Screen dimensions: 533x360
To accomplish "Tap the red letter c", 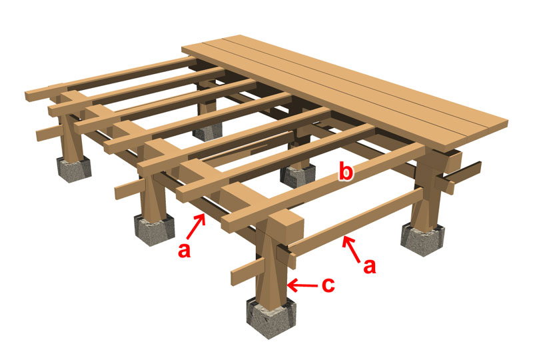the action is (x=328, y=285).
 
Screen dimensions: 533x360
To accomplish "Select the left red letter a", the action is (x=185, y=251).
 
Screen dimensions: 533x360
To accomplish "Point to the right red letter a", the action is (x=370, y=267).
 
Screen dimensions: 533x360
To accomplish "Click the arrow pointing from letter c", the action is (x=302, y=285).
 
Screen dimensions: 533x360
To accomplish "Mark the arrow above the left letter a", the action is (x=197, y=226).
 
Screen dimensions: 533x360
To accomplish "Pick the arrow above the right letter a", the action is (x=352, y=249).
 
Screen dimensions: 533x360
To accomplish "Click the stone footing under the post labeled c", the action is (x=271, y=318).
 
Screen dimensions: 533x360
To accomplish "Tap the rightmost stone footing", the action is (x=422, y=239).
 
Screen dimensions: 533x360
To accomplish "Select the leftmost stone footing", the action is (x=74, y=169).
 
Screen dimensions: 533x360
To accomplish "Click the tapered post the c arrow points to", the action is (x=271, y=265).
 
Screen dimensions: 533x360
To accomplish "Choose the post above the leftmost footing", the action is (x=71, y=136).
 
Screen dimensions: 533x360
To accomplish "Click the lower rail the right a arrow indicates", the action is (x=355, y=222).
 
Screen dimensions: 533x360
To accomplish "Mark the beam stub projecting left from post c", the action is (x=247, y=271).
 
